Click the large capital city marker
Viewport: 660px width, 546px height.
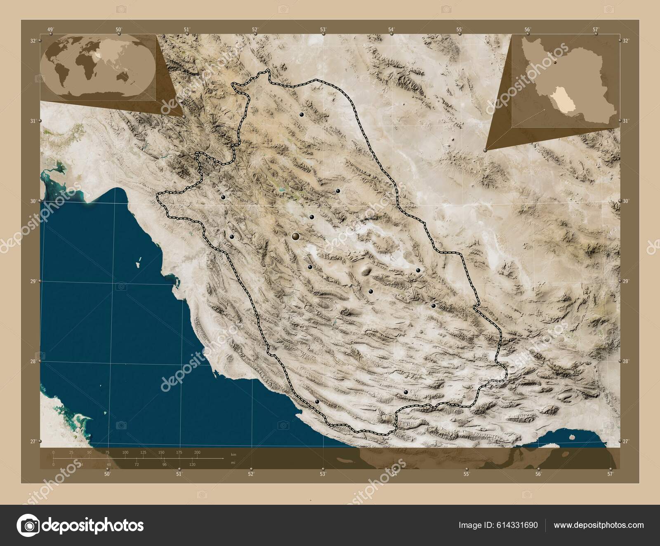[295, 236]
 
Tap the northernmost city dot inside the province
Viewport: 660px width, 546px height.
[302, 114]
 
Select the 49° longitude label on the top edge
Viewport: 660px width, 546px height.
[50, 29]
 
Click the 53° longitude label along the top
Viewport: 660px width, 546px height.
[323, 29]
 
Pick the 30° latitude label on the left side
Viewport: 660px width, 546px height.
[33, 201]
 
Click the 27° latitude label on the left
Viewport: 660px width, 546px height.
[33, 441]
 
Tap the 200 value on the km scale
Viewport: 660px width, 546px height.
[197, 452]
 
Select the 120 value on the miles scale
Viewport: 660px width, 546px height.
[192, 464]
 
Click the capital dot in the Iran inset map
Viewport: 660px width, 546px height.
[555, 63]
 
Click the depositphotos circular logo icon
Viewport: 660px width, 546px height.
[28, 525]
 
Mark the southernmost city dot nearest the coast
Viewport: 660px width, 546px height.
[317, 401]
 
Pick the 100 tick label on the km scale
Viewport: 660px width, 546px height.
[125, 452]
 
